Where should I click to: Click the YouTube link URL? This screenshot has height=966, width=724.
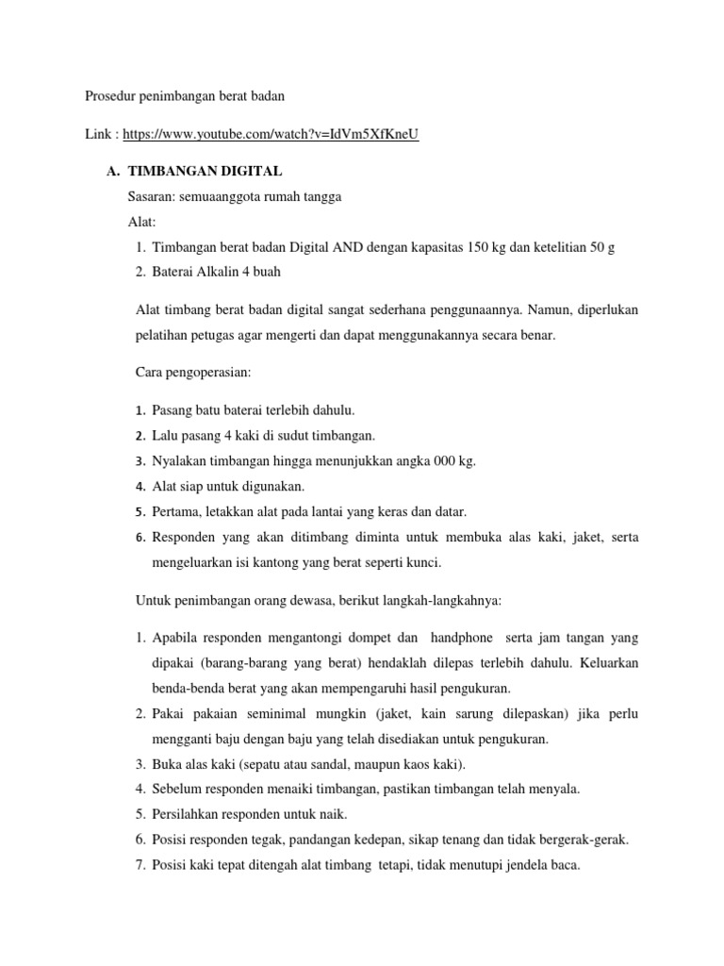(271, 134)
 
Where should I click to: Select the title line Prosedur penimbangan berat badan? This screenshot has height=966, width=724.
(185, 95)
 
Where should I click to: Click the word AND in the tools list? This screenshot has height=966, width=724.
(347, 246)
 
